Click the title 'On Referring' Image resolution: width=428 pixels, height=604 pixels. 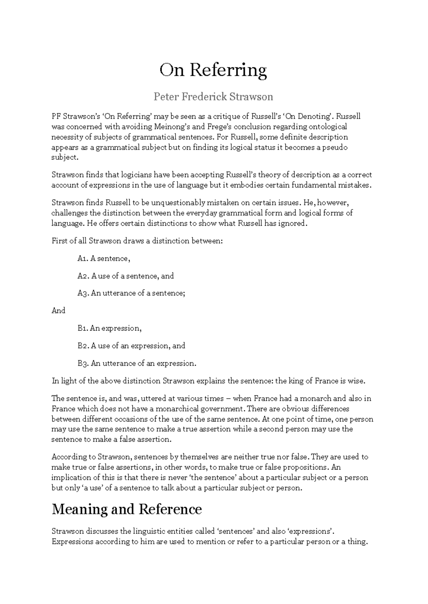tap(213, 70)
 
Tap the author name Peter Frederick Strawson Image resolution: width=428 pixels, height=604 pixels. tap(213, 97)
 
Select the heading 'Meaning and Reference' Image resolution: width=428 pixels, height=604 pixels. tap(127, 509)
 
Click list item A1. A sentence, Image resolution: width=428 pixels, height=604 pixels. tap(104, 259)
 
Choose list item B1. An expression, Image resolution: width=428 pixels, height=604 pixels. tap(109, 328)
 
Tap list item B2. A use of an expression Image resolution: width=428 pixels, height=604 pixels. tap(131, 346)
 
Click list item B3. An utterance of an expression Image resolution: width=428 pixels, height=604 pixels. tap(137, 364)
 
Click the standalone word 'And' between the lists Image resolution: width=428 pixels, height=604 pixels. tap(58, 311)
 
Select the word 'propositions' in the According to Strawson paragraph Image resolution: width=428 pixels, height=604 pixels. tap(305, 467)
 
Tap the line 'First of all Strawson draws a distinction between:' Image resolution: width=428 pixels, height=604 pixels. tap(137, 241)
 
